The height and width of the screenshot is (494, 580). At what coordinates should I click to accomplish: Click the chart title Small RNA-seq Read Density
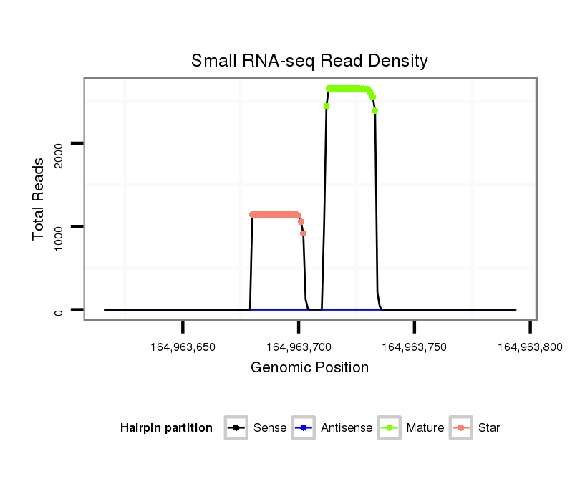(309, 61)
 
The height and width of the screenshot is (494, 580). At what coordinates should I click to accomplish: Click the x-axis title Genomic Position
(309, 368)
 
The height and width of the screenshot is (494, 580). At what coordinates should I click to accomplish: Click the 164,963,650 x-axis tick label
(183, 347)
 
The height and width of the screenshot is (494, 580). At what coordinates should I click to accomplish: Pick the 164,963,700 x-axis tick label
(299, 347)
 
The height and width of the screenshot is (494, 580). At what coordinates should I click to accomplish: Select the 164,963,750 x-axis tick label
(415, 347)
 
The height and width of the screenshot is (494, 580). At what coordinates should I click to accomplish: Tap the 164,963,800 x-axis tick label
(530, 347)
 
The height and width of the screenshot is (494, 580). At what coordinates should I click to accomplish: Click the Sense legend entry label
(270, 428)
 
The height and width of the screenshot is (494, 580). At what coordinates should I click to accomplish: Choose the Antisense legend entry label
(347, 428)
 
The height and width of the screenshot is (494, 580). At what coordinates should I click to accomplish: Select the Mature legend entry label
(425, 428)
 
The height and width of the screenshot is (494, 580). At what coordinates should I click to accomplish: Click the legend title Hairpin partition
(166, 428)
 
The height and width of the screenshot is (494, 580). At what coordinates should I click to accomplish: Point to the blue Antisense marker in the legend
(304, 428)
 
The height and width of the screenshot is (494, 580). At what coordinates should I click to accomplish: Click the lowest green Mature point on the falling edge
(375, 111)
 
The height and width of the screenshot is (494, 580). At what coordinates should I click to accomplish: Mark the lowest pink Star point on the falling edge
(303, 233)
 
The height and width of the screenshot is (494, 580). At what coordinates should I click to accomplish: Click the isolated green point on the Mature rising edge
(327, 106)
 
